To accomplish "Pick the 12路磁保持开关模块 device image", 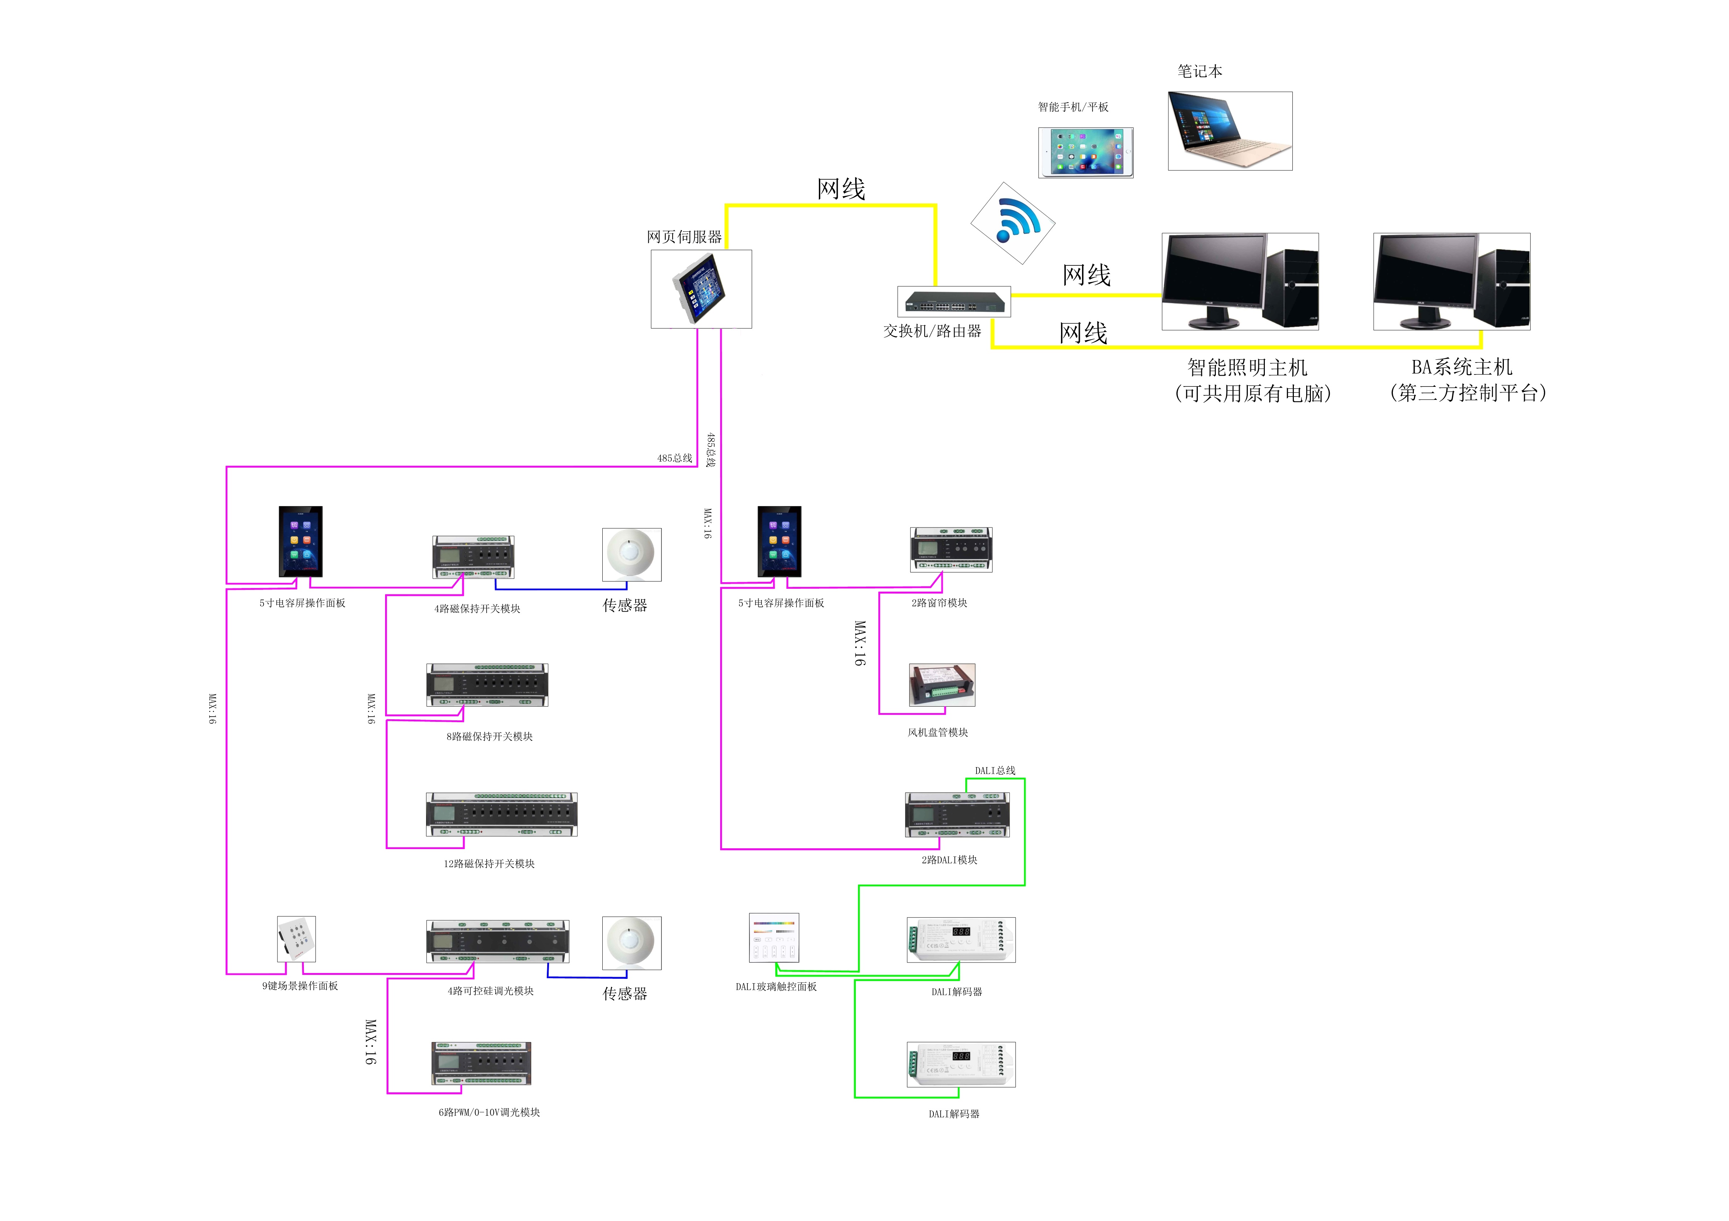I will (502, 815).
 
